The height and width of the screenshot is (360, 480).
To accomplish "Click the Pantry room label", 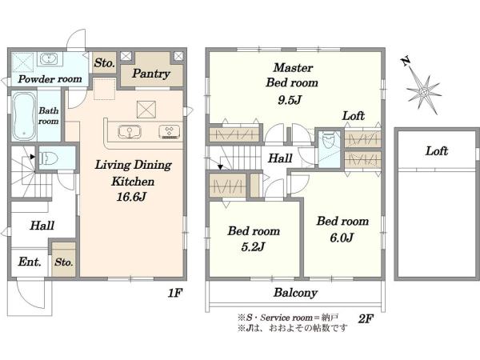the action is (x=151, y=74).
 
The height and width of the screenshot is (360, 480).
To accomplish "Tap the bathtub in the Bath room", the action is (x=24, y=116).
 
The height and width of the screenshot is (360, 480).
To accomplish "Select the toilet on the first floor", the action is (x=49, y=158).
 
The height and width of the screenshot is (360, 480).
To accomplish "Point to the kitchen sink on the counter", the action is (x=130, y=132).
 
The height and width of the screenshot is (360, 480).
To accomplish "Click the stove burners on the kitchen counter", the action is (x=169, y=132).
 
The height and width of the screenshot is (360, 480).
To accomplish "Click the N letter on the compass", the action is (x=406, y=62).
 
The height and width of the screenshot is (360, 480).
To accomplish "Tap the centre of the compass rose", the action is (x=424, y=91).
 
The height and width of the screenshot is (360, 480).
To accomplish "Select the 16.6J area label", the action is (x=131, y=197).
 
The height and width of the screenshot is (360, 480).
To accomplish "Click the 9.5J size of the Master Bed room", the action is (x=290, y=100).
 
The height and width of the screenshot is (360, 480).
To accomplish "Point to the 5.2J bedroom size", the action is (x=253, y=246).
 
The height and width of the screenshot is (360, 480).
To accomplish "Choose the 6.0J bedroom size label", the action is (x=342, y=238).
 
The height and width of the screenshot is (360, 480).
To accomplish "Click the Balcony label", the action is (x=295, y=293).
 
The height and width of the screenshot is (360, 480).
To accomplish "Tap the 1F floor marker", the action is (x=174, y=293).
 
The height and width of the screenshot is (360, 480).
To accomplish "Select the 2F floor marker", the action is (x=366, y=319).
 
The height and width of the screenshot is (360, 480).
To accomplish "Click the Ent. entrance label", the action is (x=30, y=262).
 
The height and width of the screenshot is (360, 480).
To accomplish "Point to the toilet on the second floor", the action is (x=329, y=141).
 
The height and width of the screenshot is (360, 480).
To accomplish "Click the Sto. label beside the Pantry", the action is (x=104, y=62).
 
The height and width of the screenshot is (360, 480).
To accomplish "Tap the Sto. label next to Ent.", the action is (x=64, y=262).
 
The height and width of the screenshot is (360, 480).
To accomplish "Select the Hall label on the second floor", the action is (x=280, y=158).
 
